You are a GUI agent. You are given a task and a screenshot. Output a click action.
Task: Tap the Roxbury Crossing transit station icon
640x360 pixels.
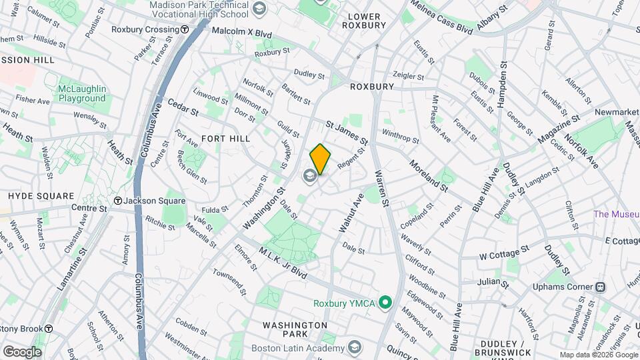click(183, 30)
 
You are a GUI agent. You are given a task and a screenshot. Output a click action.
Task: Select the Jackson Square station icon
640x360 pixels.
click(117, 201)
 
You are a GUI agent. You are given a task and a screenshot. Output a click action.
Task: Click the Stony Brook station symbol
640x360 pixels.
click(49, 328)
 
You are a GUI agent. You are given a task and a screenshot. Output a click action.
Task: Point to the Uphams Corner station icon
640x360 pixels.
click(600, 287)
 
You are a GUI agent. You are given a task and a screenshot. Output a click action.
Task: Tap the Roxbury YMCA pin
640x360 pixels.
click(385, 303)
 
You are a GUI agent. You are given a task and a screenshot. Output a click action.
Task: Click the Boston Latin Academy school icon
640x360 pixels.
click(355, 348)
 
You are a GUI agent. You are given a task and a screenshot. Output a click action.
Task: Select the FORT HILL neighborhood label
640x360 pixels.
click(225, 139)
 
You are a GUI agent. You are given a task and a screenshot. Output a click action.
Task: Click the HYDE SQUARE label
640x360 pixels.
click(41, 196)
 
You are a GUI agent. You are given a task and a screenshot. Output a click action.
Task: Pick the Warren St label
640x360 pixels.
click(381, 188)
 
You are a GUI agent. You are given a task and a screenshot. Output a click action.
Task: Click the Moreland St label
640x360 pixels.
click(428, 175)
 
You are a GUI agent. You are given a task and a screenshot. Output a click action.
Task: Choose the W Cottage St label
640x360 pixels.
click(504, 252)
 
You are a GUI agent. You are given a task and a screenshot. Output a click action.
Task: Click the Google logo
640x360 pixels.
click(22, 351)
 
